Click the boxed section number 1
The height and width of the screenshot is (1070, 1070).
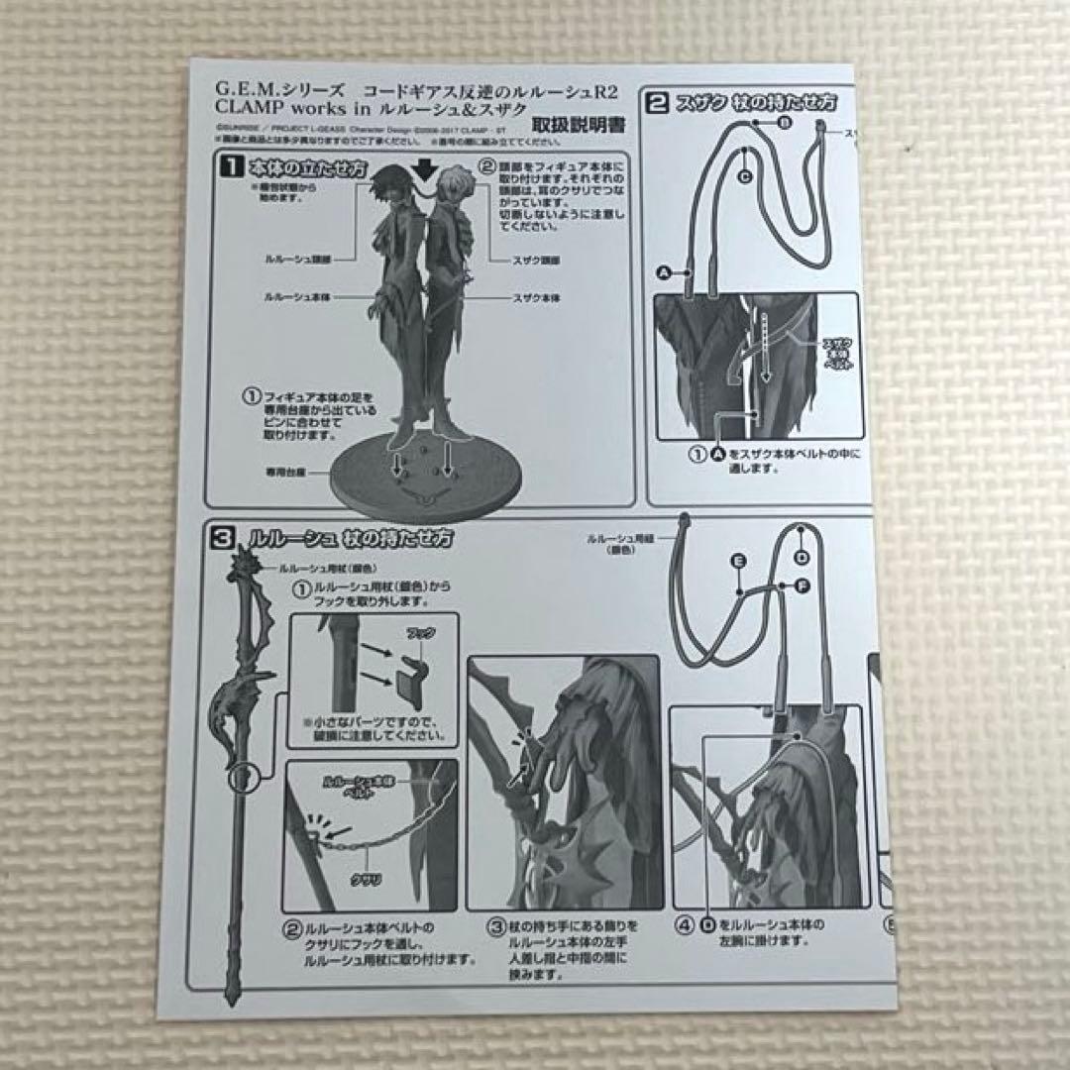228,168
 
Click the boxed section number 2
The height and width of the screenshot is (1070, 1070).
657,103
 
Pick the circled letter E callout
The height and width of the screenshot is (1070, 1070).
737,561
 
